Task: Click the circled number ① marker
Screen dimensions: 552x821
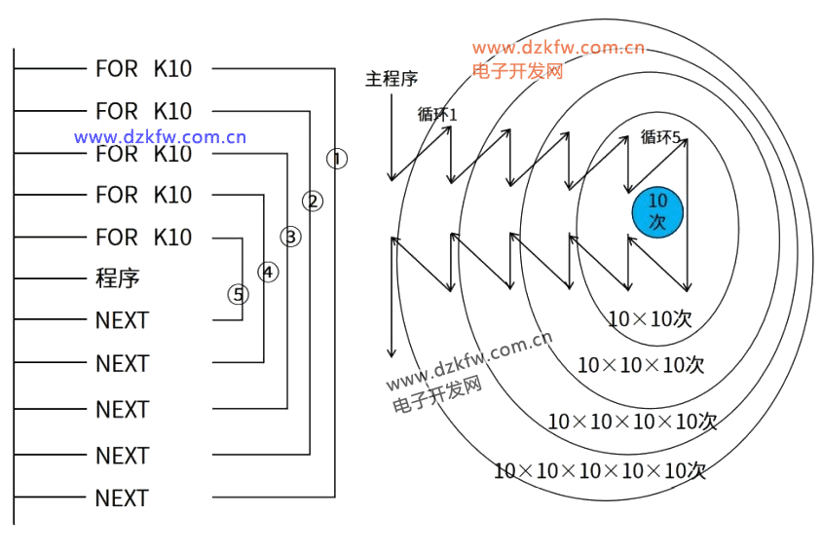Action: [x=336, y=158]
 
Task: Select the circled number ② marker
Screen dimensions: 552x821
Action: [x=313, y=202]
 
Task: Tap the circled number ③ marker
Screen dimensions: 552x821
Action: [x=290, y=237]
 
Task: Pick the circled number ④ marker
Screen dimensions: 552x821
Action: [x=267, y=272]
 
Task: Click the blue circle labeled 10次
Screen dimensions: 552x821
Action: [x=657, y=211]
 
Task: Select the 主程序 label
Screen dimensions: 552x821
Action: [x=392, y=79]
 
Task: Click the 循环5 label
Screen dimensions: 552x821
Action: [x=660, y=137]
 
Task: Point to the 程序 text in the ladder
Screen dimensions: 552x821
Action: [x=117, y=278]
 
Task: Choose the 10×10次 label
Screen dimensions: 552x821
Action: [x=650, y=318]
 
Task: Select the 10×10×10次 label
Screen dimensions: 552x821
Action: [x=640, y=365]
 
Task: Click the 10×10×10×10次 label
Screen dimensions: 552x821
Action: [x=632, y=422]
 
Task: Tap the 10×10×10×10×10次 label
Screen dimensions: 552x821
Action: [x=599, y=471]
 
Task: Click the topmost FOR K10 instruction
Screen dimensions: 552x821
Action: [x=143, y=68]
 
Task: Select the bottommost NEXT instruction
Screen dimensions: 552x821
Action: [x=122, y=498]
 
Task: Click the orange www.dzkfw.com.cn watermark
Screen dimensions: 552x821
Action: [x=558, y=48]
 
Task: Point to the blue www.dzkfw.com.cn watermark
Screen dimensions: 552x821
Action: [x=160, y=137]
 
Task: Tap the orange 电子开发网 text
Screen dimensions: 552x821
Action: [x=517, y=70]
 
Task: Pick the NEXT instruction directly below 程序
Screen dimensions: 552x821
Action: [x=122, y=320]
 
